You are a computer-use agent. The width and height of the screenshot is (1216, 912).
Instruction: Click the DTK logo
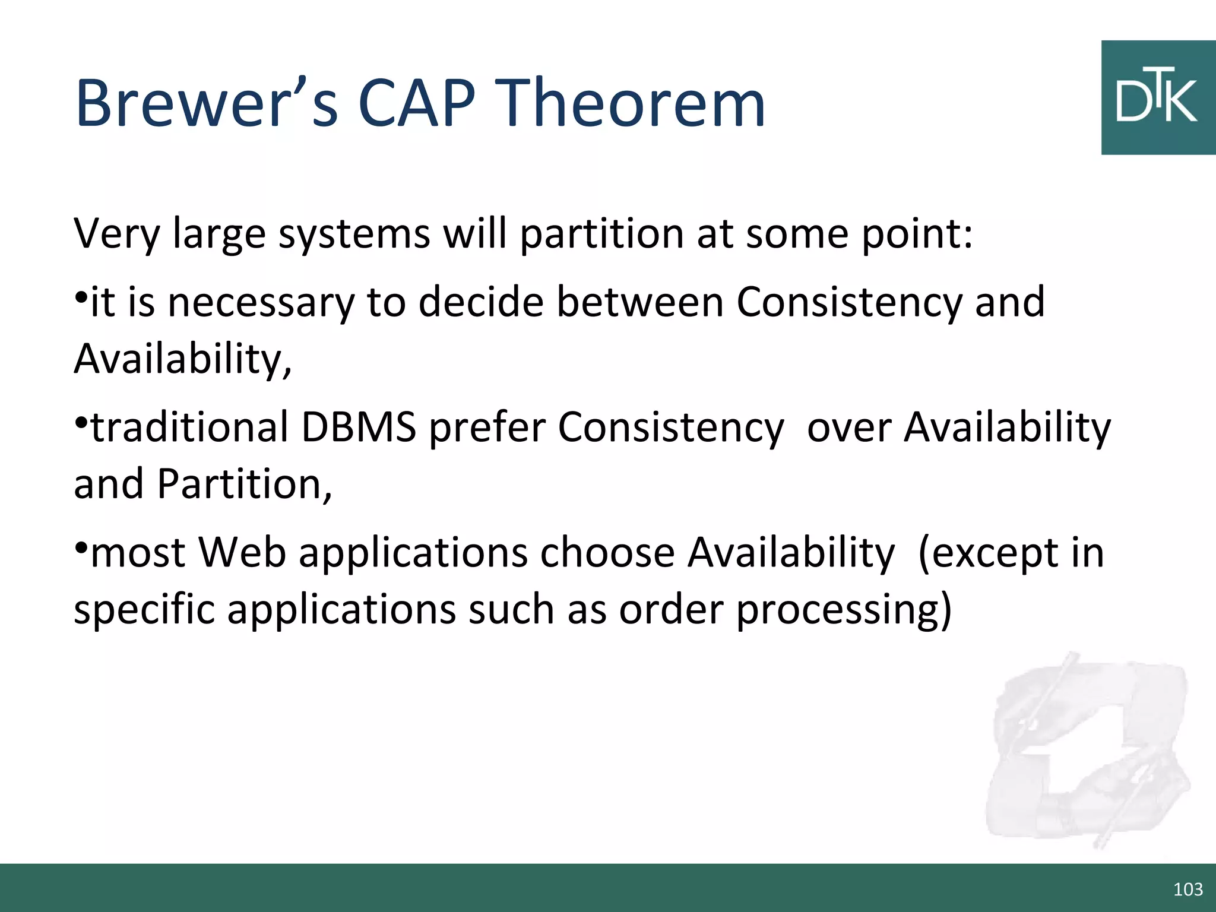tap(1157, 98)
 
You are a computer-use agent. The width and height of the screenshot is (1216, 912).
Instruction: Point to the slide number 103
tap(1188, 889)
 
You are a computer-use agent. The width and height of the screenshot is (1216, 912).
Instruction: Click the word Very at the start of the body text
tap(116, 235)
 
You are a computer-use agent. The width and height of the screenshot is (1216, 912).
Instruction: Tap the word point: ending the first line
tap(917, 235)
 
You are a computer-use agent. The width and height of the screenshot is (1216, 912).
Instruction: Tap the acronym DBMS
tap(359, 427)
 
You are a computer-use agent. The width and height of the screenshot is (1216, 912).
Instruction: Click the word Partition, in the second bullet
tap(244, 484)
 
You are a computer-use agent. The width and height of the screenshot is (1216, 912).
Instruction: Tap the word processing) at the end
tap(844, 610)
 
